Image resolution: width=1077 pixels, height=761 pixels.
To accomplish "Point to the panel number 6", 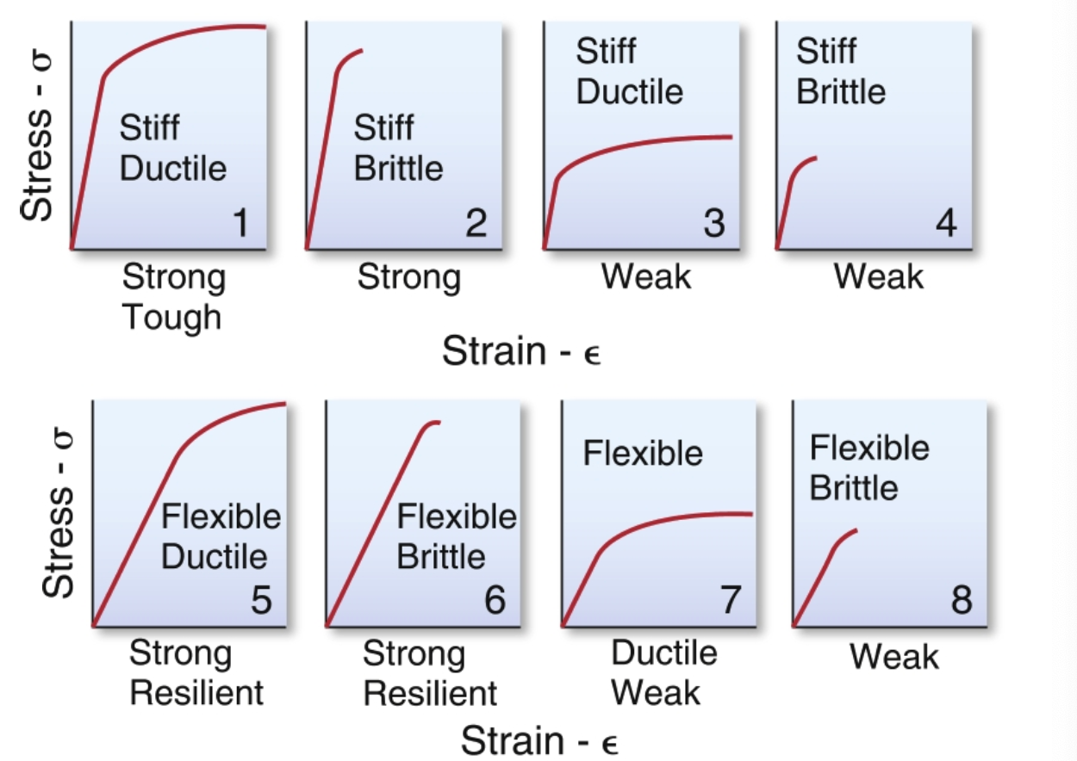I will click(x=495, y=600).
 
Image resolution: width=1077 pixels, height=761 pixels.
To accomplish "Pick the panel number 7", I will click(x=731, y=600).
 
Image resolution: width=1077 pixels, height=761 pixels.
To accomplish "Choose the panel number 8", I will click(x=962, y=600).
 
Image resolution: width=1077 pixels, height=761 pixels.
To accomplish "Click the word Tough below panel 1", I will click(x=171, y=317).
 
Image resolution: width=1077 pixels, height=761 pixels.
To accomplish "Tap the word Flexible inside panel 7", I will click(x=643, y=453).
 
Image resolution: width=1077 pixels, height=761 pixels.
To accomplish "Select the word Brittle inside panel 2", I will click(x=399, y=168).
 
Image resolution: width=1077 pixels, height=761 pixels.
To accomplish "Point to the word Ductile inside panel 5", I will click(x=215, y=556).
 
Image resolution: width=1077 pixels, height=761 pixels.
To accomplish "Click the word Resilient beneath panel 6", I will click(x=431, y=693).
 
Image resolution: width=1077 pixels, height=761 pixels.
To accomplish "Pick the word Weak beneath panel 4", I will click(x=879, y=277).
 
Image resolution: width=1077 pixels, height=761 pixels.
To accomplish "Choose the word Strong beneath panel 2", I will click(x=409, y=277).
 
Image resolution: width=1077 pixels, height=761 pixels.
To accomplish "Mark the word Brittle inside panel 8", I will click(x=854, y=488).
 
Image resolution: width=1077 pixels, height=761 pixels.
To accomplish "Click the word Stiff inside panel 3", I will click(x=607, y=52).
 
